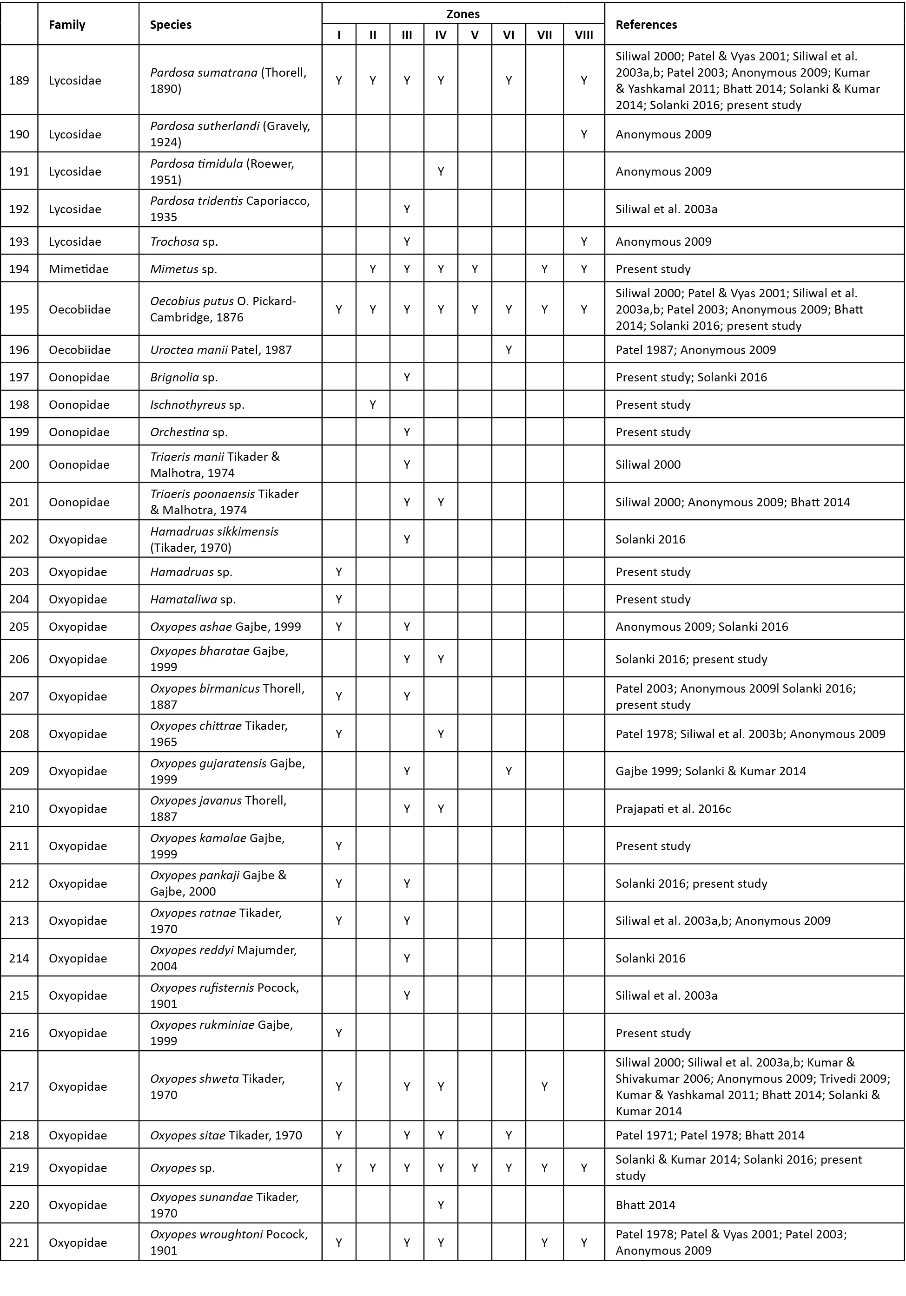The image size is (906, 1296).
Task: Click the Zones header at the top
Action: [463, 14]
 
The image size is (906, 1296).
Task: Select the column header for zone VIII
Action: [583, 35]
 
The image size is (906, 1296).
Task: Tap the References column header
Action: [646, 24]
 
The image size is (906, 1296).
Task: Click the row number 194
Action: [19, 268]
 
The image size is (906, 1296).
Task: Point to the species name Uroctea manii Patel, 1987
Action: [221, 350]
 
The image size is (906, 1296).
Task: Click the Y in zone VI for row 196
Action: [509, 350]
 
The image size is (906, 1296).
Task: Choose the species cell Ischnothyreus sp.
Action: [197, 405]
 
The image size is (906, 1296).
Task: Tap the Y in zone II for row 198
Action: [373, 405]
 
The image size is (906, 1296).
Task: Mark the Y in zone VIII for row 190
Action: [583, 134]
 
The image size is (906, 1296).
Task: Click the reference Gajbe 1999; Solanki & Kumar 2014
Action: [711, 771]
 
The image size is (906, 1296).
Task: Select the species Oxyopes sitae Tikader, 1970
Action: [226, 1135]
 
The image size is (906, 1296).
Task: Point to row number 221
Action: [19, 1243]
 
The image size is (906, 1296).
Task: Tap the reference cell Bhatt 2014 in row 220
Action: [645, 1205]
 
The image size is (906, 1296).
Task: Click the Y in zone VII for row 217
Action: [544, 1087]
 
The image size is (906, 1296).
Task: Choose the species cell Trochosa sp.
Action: [184, 242]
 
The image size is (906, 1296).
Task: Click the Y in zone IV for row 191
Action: [441, 171]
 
